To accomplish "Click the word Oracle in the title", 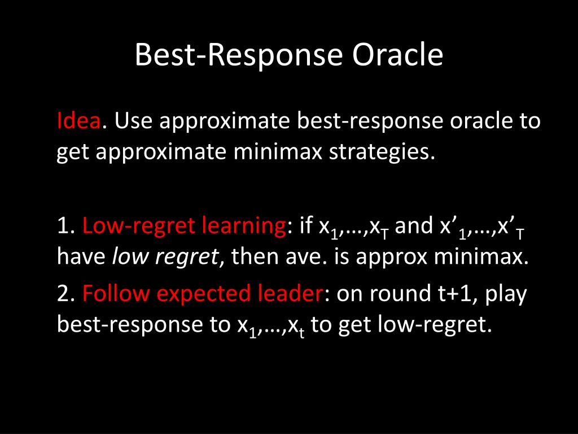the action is [397, 55].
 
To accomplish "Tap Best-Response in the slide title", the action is [239, 55].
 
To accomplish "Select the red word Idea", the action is [78, 120].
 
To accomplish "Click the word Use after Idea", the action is [133, 121].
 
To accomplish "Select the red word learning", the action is [243, 226].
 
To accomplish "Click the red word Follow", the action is [116, 293].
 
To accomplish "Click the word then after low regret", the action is [255, 257].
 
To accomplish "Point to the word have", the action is [81, 257].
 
